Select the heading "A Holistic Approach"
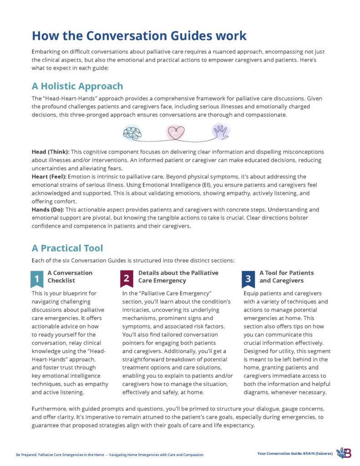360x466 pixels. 77,86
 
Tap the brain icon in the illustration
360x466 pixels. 132,132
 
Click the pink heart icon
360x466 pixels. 176,132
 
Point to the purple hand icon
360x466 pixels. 221,132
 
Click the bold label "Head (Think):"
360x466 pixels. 51,152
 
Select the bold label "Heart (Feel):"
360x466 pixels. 50,176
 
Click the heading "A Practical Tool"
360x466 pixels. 67,248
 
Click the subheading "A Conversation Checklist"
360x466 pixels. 70,277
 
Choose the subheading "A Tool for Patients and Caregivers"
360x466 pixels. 286,277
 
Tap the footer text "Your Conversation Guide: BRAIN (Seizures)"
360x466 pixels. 295,454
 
